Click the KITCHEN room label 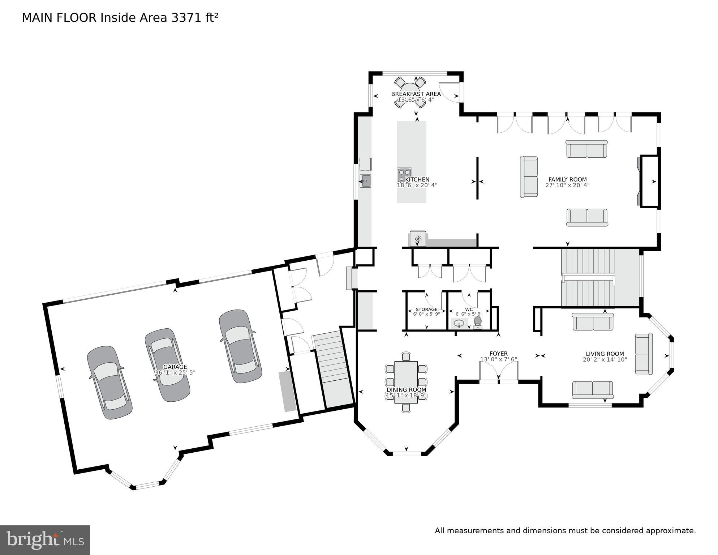point(417,179)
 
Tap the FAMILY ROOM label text point(567,179)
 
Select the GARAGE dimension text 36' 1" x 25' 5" point(175,372)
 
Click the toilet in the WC point(477,323)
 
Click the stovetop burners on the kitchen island point(404,175)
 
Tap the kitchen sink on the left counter point(365,180)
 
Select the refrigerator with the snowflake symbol point(418,239)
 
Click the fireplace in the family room point(648,182)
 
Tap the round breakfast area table point(410,93)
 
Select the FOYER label point(498,354)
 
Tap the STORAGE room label point(426,309)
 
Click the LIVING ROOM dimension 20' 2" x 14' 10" point(605,360)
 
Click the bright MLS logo point(45,540)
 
